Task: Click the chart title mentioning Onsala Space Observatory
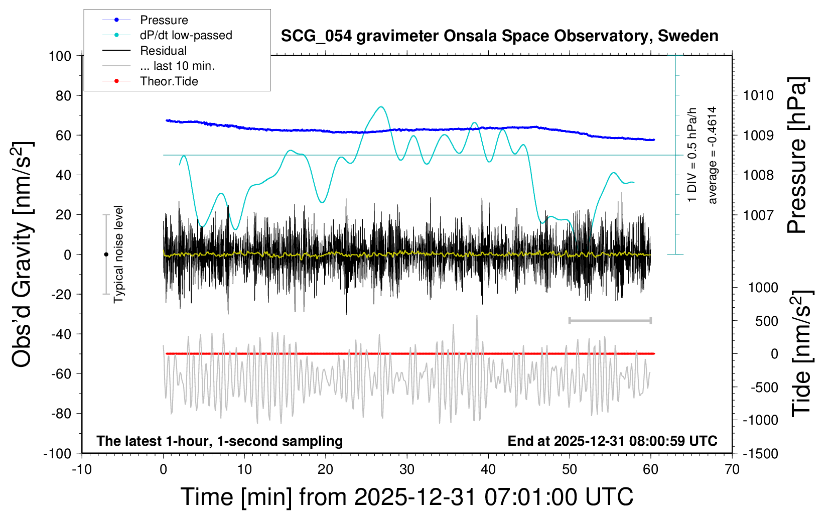499,36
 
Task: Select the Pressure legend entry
164,20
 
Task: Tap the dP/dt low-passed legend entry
186,35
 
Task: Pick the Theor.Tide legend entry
169,81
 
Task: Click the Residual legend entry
163,51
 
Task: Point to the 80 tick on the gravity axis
60,95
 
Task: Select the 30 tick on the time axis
407,469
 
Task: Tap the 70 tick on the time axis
732,469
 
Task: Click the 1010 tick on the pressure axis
758,95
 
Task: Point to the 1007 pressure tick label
758,215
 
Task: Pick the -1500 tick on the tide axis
760,453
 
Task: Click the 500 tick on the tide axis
766,321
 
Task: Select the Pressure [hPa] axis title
797,156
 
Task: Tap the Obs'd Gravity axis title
23,254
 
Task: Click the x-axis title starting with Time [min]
406,497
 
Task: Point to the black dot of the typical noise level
106,254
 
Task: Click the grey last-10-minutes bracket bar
610,320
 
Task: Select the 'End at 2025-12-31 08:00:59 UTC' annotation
612,441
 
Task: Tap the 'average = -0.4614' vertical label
712,155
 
